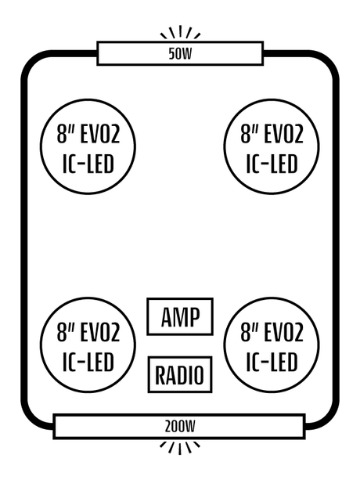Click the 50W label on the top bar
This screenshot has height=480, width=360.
click(180, 53)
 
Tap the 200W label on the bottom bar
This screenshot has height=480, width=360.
click(180, 426)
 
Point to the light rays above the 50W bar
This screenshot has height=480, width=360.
click(180, 32)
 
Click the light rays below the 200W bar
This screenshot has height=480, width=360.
click(180, 448)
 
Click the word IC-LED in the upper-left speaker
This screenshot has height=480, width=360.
click(88, 164)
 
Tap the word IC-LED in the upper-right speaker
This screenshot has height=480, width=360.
click(272, 164)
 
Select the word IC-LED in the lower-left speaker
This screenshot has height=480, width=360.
click(88, 362)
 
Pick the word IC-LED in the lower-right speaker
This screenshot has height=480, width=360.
click(272, 362)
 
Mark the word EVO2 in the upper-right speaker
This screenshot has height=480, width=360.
click(283, 134)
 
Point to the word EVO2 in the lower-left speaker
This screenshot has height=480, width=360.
click(100, 332)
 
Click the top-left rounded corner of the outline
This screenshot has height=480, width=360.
click(30, 60)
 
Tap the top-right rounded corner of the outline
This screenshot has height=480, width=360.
click(329, 60)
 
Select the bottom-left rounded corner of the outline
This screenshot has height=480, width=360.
click(29, 421)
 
